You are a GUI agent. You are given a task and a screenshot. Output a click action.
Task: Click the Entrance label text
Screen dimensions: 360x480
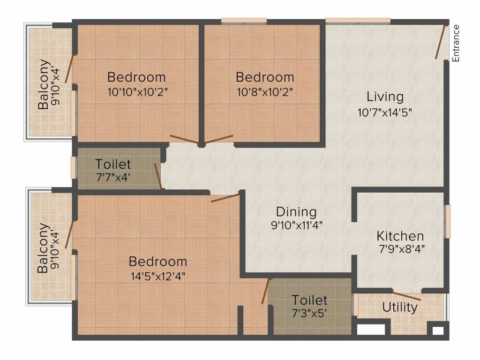click(x=456, y=43)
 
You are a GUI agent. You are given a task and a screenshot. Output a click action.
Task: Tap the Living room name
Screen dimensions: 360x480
click(x=385, y=97)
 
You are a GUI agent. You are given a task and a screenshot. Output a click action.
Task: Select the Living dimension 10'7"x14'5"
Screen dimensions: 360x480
click(x=384, y=112)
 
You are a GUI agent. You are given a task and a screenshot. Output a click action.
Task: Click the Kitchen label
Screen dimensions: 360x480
click(x=400, y=236)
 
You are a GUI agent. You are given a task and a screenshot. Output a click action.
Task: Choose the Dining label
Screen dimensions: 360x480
click(x=296, y=212)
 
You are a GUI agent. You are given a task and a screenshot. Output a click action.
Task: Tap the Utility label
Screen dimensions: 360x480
click(x=400, y=307)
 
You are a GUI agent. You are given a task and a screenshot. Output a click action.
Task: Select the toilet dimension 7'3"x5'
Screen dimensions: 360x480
click(x=309, y=313)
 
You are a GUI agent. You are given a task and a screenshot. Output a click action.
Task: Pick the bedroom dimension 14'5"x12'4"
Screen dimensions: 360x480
click(x=158, y=276)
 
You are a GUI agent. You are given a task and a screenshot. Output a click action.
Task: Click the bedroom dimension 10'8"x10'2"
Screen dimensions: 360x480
click(x=265, y=92)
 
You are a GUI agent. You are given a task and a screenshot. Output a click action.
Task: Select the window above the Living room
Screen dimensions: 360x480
click(x=358, y=21)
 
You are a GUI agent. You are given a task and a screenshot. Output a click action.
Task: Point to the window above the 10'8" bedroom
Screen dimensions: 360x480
click(x=244, y=21)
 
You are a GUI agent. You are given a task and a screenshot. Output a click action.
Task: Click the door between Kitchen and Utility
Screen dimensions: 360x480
click(x=406, y=296)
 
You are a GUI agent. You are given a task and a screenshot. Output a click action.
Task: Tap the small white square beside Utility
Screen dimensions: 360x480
click(x=437, y=331)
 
